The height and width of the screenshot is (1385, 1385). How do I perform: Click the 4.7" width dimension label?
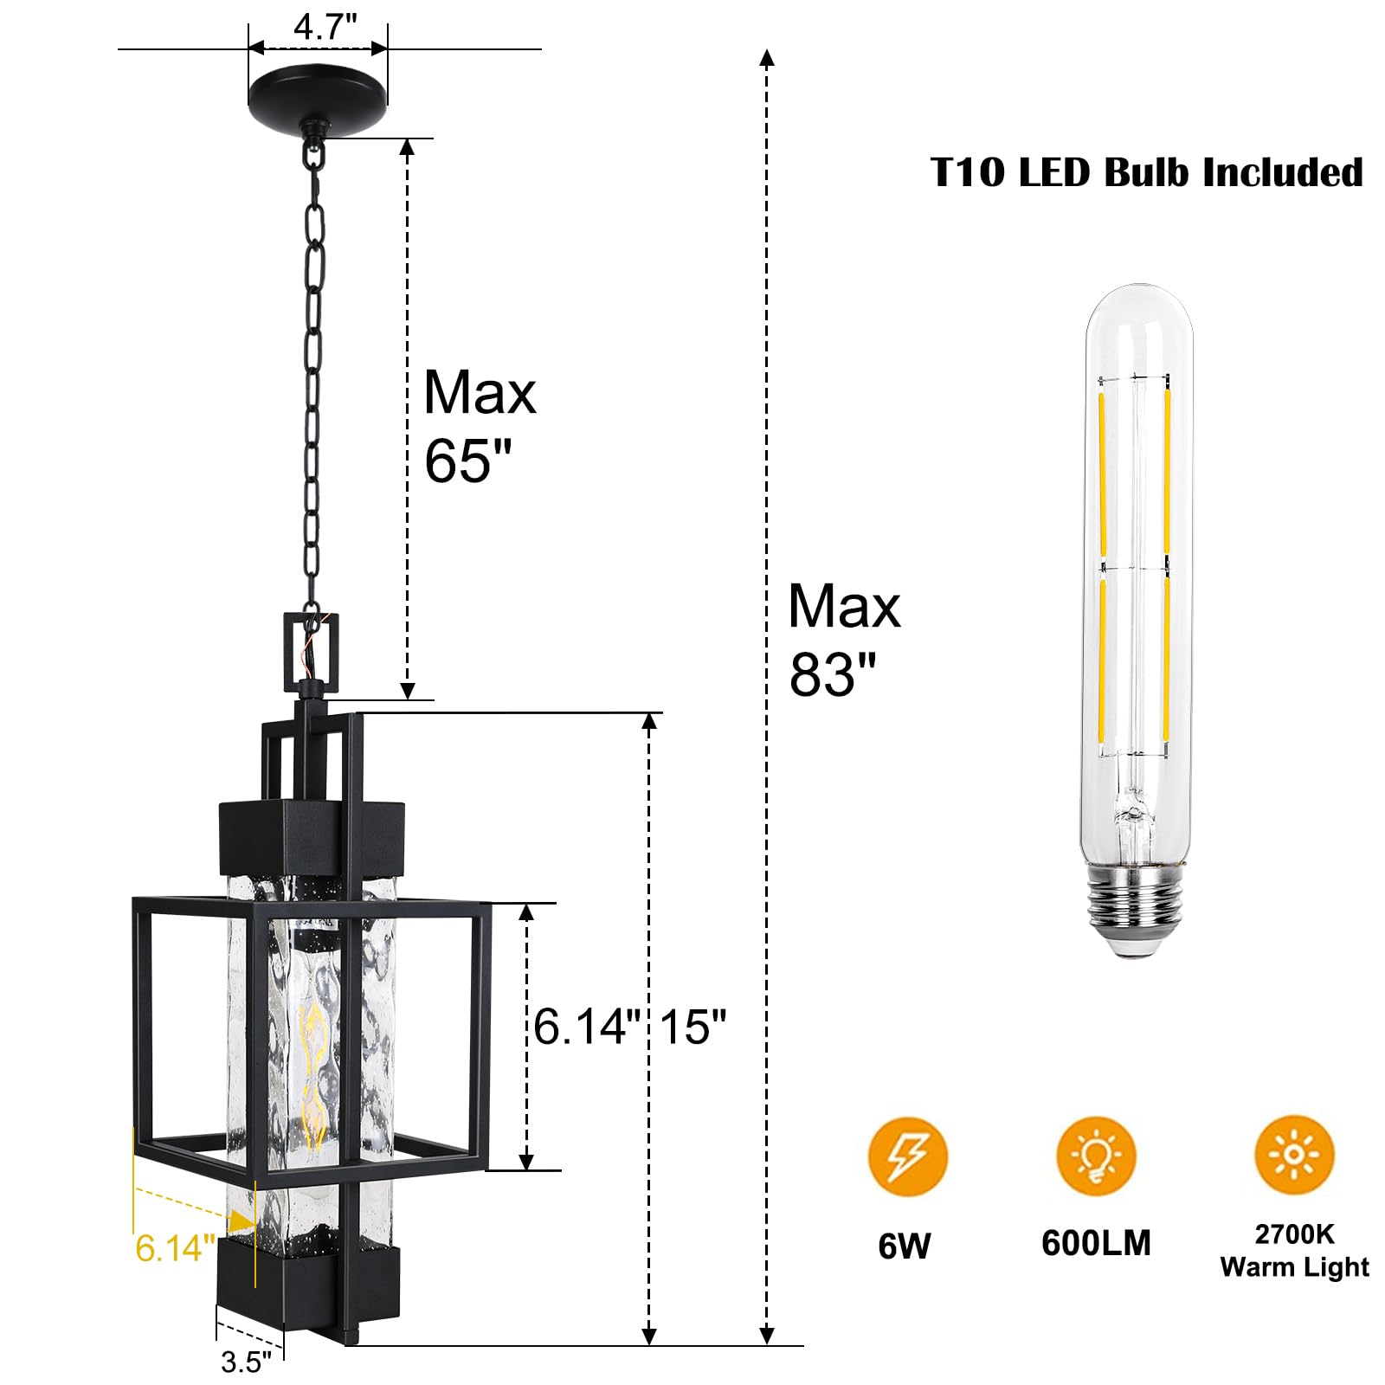point(325,27)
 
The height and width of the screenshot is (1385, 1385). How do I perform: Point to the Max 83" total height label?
point(844,640)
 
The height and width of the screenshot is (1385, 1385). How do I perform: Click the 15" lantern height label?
point(693,1027)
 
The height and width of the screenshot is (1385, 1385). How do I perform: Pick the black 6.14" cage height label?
point(588,1027)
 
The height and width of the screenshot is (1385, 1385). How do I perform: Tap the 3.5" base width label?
point(246,1362)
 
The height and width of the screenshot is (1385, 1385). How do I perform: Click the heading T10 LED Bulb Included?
point(1147,172)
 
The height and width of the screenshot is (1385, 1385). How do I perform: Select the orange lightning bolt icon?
point(908,1156)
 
